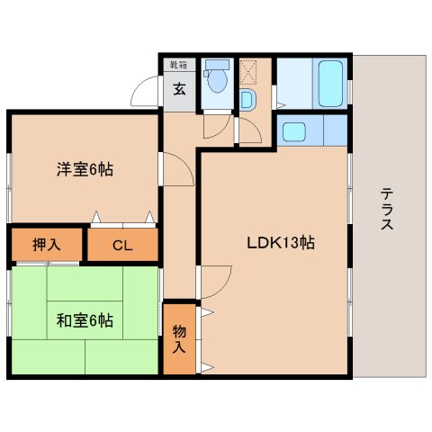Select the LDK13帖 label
click(281, 242)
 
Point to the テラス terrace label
click(386, 209)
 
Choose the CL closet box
click(121, 245)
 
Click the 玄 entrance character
click(179, 90)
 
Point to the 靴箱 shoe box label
click(178, 65)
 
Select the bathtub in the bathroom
click(330, 84)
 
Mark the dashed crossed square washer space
click(249, 70)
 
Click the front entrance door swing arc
click(147, 94)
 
